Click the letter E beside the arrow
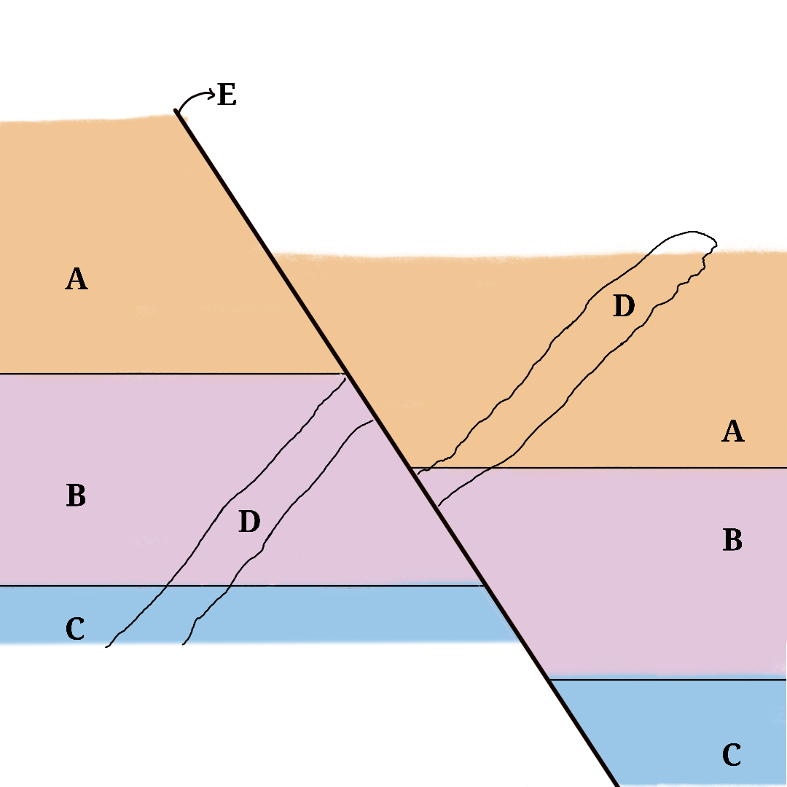(x=227, y=95)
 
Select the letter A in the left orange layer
(x=77, y=278)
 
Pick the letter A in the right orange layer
(x=732, y=431)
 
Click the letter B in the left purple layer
(x=76, y=496)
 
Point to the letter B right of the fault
(x=732, y=540)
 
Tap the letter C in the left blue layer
(x=75, y=628)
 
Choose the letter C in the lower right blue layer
(x=732, y=755)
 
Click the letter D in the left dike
(x=249, y=522)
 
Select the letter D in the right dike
(x=623, y=307)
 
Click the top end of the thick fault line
(x=176, y=111)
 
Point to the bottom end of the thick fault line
(x=616, y=785)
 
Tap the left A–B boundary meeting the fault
(x=345, y=374)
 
